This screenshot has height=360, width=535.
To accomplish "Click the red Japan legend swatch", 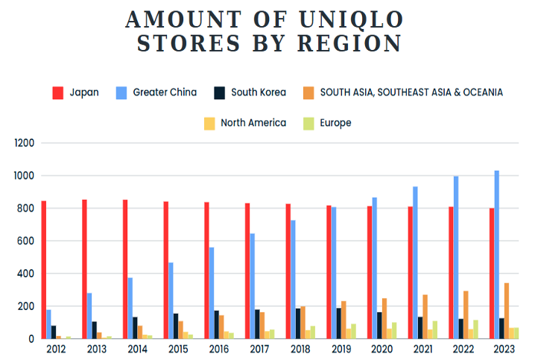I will [x=57, y=93].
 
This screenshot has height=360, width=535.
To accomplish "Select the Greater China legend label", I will [x=165, y=92].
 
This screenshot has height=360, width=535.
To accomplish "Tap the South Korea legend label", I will [x=258, y=92].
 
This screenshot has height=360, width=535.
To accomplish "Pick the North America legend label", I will [x=253, y=123].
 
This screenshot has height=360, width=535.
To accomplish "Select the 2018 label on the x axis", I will [x=300, y=349].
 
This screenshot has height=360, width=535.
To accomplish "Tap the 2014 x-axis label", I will [x=137, y=349].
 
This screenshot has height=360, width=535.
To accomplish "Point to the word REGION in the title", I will [x=349, y=43].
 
